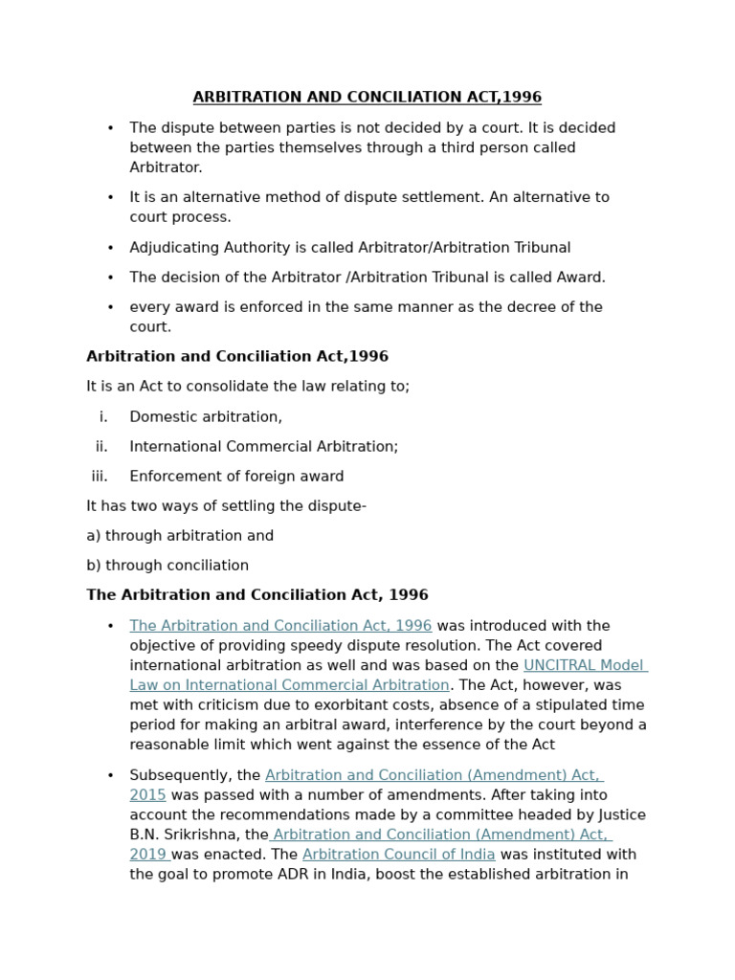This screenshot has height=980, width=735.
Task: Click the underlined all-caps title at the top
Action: (x=367, y=98)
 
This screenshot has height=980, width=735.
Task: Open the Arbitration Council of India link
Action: (x=398, y=855)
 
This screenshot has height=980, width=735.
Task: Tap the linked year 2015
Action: (x=147, y=795)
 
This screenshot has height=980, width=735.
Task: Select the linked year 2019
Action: (x=147, y=855)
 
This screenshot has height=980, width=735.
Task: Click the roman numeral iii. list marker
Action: (x=100, y=477)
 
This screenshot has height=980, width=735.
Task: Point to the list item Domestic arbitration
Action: (x=206, y=417)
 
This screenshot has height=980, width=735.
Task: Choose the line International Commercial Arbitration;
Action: (x=263, y=447)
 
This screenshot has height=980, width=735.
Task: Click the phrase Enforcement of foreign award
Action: (x=236, y=477)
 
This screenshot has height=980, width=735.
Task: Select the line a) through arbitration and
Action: (x=180, y=536)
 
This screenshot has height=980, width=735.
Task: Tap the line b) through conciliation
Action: (x=167, y=566)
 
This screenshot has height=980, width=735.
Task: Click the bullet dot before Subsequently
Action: (x=111, y=776)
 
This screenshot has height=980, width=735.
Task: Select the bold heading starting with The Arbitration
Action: (x=257, y=595)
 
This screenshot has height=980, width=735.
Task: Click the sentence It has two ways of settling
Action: (x=226, y=506)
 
